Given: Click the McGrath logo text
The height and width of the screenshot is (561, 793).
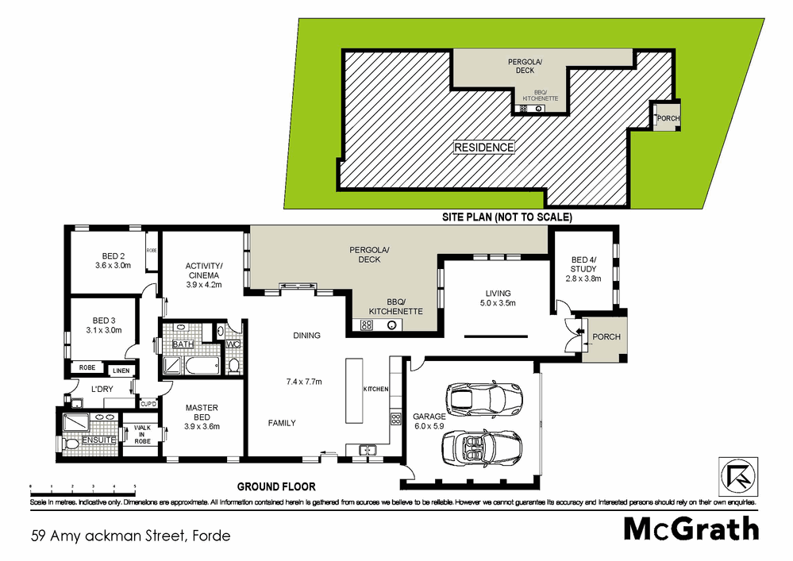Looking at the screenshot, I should [691, 528].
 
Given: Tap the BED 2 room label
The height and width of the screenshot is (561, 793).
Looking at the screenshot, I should [114, 256].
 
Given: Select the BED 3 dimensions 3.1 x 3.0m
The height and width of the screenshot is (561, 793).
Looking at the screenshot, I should [105, 330].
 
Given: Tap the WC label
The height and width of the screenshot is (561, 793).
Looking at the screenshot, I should [233, 344].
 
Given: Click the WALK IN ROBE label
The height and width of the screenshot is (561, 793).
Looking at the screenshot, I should [142, 434].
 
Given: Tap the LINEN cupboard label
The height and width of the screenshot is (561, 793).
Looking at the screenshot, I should [120, 371].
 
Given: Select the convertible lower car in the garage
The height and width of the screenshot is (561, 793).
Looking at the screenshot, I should [481, 448].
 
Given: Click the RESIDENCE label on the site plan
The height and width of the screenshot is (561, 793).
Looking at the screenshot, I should [483, 147].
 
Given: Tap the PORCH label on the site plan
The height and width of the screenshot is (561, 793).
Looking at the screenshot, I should [668, 119].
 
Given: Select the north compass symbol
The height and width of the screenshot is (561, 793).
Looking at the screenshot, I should [735, 474].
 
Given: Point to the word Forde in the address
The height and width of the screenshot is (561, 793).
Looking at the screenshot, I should [210, 536].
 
